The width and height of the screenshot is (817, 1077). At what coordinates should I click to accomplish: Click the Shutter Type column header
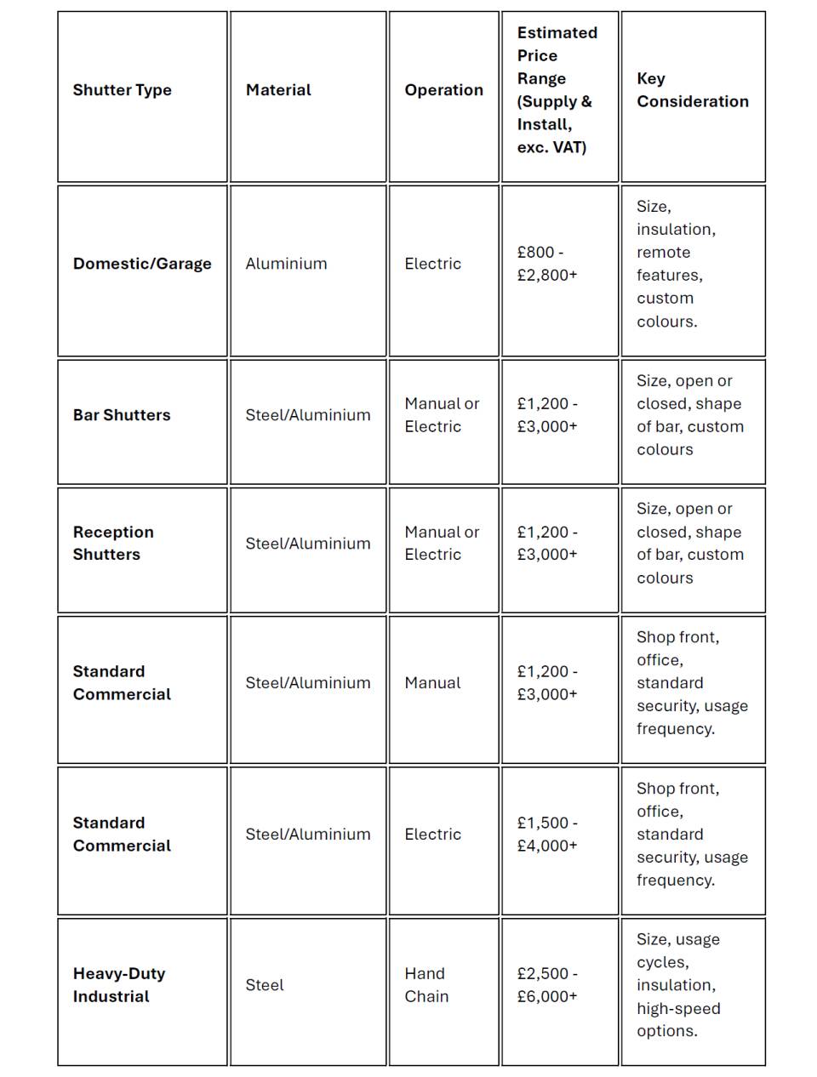pos(122,90)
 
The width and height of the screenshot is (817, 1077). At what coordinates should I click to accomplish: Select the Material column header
pos(278,90)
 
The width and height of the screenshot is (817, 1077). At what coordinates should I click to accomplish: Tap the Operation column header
pos(443,90)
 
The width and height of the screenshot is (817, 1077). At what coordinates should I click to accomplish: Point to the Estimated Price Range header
pos(557,90)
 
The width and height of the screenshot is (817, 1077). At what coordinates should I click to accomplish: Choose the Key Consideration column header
pos(692,90)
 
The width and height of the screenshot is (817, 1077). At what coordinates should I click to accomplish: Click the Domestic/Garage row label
pos(142,264)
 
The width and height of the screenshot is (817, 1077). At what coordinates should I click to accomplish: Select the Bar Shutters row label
pos(122,415)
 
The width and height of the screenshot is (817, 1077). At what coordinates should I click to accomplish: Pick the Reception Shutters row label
pos(113,544)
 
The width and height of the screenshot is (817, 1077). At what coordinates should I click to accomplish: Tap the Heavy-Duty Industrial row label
pos(118,985)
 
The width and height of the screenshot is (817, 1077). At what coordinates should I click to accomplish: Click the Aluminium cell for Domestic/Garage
pos(286,264)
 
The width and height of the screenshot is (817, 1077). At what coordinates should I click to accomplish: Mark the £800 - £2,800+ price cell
pos(547,264)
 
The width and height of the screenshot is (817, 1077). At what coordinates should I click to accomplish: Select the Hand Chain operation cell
pos(426,985)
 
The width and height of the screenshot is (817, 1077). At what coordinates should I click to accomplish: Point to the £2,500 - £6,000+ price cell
pos(547,985)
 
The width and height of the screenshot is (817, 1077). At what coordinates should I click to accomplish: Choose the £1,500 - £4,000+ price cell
pos(547,835)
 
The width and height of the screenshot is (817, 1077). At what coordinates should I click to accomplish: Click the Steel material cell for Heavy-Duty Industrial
pos(265,985)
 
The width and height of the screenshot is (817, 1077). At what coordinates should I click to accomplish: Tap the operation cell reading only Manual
pos(432,683)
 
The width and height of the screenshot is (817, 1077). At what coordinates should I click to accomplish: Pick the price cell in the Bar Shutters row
pos(547,415)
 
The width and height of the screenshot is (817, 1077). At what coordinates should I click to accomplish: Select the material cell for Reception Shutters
pos(307,544)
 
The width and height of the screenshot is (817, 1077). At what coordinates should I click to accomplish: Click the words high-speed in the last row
pos(678,1009)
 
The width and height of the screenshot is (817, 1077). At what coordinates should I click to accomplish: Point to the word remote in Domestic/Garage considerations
pos(663,253)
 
